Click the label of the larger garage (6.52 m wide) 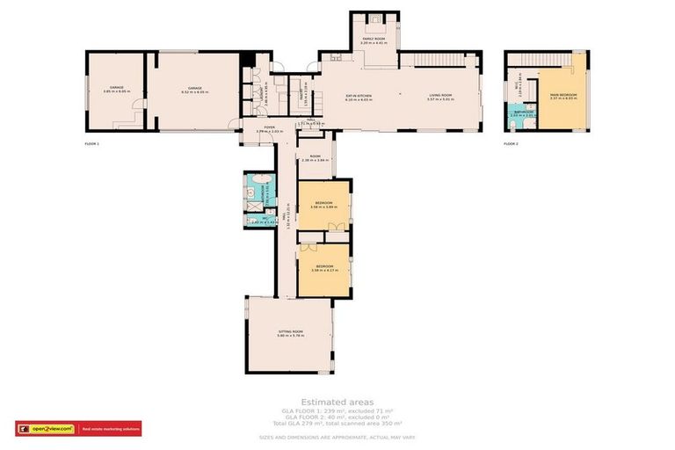tap(192, 90)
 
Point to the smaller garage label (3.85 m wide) tap(116, 90)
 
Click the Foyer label tap(258, 129)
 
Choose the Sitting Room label tap(289, 334)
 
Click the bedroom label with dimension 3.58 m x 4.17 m tap(324, 267)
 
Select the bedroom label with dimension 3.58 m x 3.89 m tap(324, 206)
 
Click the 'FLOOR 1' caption tap(94, 143)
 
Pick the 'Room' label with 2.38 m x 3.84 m tap(314, 160)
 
